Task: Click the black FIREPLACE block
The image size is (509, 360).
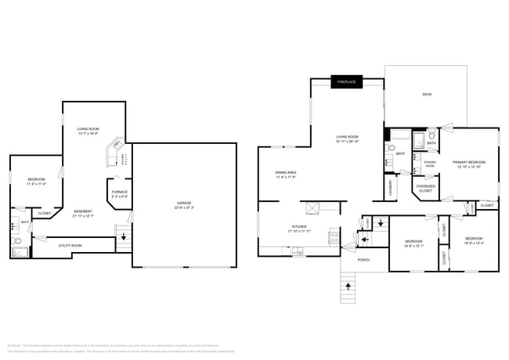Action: coord(346,82)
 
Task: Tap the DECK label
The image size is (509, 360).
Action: coord(427,95)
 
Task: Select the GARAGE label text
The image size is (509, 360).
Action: coord(184,203)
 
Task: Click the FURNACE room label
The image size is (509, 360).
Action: coord(119,192)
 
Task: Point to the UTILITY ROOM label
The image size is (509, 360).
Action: coord(70,246)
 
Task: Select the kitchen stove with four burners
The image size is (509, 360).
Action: coord(334,236)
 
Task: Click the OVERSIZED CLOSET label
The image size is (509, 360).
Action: coord(426,188)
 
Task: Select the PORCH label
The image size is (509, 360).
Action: coord(363,259)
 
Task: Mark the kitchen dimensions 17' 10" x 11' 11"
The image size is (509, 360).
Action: coord(301,231)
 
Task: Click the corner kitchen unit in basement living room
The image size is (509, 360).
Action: coord(117,146)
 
